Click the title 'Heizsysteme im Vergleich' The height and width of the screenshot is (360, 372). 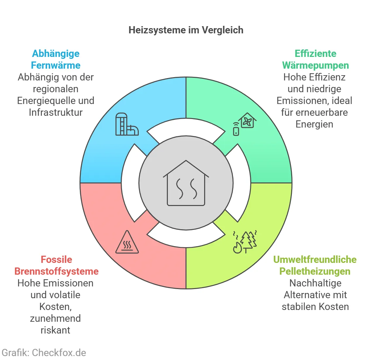point(186,30)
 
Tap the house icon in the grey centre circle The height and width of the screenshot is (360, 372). point(186,183)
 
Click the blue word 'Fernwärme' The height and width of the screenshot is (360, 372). point(56,65)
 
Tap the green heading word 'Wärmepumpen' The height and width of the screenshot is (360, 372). point(315,65)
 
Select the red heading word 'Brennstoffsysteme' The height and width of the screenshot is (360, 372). point(57,271)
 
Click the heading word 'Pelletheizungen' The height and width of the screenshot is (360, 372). point(315,271)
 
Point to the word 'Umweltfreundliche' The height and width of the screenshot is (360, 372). point(315,260)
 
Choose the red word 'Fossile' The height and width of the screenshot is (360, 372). point(56,260)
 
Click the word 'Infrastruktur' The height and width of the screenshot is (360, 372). point(56,112)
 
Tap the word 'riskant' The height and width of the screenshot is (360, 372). point(55,330)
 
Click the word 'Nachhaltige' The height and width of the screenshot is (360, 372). point(315,283)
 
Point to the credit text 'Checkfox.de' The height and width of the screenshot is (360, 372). point(59,353)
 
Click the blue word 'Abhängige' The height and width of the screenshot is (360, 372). point(56,54)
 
